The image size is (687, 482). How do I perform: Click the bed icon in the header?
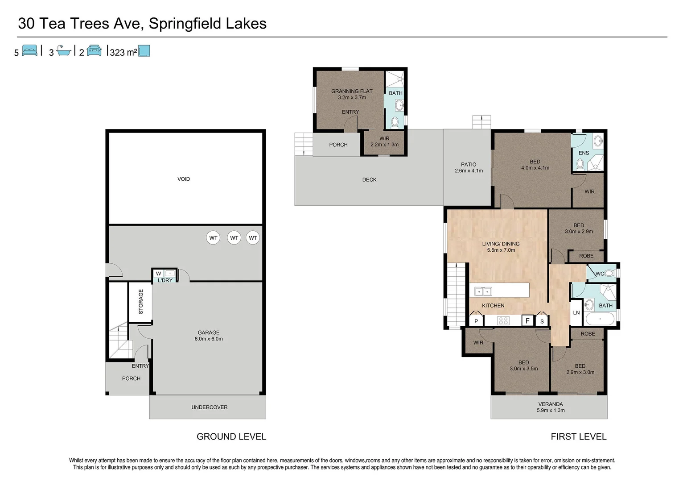coord(29,50)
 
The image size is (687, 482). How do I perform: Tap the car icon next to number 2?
coord(94,50)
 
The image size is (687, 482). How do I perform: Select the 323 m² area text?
coord(123,52)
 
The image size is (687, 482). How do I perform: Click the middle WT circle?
coord(234,238)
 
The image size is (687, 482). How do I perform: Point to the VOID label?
coord(184,179)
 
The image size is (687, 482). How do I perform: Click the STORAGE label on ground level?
coord(141,302)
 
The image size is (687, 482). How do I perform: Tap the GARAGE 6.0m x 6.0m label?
coord(209,336)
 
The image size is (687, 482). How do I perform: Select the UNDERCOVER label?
coord(209,407)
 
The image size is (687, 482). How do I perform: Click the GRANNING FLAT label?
coord(352,91)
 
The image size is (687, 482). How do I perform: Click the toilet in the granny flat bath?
coord(395,122)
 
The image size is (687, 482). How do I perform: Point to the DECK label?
coord(369,179)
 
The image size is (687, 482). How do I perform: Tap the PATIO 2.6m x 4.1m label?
coord(469,167)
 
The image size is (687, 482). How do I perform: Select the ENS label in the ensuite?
coord(584,153)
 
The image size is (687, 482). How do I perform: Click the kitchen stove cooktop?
coord(503,320)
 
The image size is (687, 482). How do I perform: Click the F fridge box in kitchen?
coord(527,320)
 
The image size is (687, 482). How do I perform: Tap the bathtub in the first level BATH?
coord(600,319)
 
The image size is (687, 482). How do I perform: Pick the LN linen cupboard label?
coord(576,312)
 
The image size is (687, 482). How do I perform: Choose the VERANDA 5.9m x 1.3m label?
coord(551,407)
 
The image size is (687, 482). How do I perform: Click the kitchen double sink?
coord(483,291)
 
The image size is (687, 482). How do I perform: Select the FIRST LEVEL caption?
coord(578,436)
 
